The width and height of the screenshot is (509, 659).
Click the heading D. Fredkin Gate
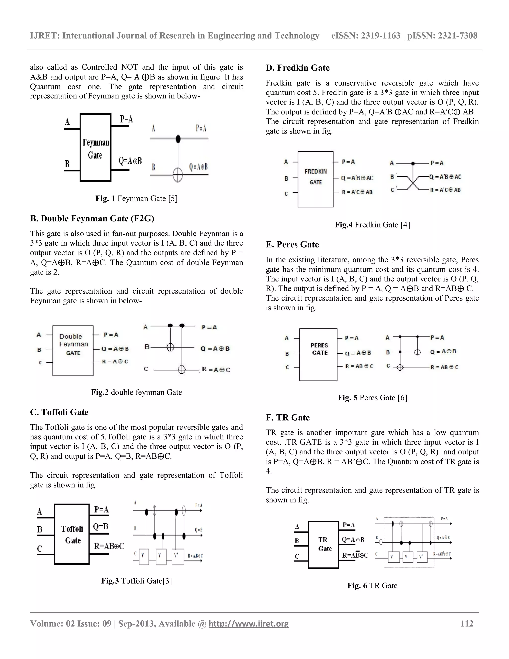(x=297, y=68)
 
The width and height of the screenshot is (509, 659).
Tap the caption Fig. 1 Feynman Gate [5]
(x=136, y=198)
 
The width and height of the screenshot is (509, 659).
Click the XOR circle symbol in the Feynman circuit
(x=178, y=174)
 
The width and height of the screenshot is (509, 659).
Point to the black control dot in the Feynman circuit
(x=178, y=139)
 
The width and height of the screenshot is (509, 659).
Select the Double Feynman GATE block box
(x=73, y=350)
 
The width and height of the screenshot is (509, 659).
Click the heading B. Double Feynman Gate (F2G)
(x=92, y=218)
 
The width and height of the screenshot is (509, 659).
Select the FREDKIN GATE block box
(x=315, y=179)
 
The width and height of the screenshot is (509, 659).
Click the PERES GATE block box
(x=318, y=355)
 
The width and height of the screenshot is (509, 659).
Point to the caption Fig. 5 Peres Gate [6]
(x=372, y=398)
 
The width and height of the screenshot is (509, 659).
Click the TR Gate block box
(x=324, y=545)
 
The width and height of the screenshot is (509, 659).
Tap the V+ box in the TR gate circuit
(x=422, y=557)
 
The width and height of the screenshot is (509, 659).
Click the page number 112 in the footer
(x=467, y=624)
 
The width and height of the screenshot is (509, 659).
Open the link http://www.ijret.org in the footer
(x=249, y=624)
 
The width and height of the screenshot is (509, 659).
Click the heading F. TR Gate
(x=288, y=417)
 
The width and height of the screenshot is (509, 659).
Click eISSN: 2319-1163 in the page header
(x=365, y=36)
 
